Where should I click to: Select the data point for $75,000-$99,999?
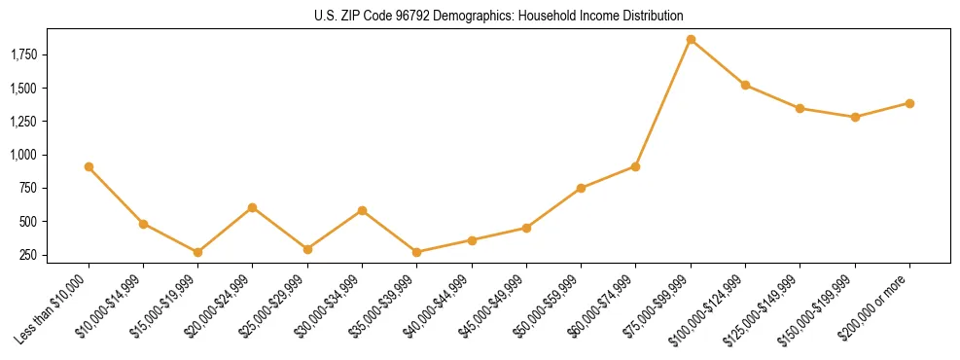pos(691,40)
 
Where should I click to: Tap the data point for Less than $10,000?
pos(89,166)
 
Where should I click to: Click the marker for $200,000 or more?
pos(909,103)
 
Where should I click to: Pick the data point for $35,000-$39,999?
pos(417,252)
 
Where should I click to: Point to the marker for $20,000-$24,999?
pos(253,207)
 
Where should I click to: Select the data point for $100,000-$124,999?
pos(745,85)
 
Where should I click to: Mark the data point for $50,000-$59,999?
pos(581,188)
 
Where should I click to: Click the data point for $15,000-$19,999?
pos(198,252)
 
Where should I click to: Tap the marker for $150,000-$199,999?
pos(855,117)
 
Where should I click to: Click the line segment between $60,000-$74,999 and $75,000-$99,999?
pos(663,103)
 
